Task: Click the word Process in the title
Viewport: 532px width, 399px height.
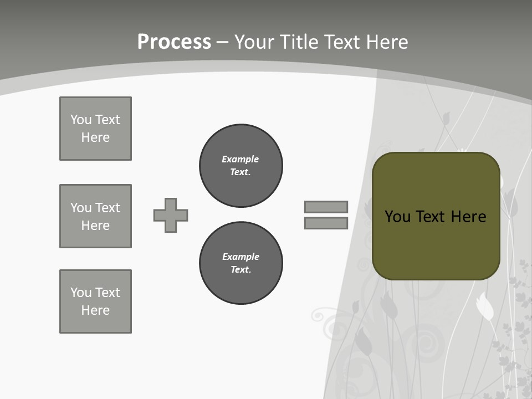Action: click(174, 42)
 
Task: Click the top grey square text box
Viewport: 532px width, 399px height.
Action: click(95, 129)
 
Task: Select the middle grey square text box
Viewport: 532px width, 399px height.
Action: click(95, 216)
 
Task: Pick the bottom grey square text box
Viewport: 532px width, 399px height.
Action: click(95, 301)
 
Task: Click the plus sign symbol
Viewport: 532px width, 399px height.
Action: click(171, 215)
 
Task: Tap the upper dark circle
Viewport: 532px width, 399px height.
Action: click(241, 166)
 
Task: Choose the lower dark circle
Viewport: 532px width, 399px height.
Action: click(241, 263)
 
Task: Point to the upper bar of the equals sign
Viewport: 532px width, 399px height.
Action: click(326, 207)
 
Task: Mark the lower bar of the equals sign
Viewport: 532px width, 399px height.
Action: click(326, 223)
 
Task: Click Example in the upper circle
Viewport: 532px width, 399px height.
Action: click(240, 159)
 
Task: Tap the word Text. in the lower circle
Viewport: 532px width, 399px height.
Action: click(241, 270)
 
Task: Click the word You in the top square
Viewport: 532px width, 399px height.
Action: click(80, 120)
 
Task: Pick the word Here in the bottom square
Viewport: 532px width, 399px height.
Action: click(95, 310)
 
